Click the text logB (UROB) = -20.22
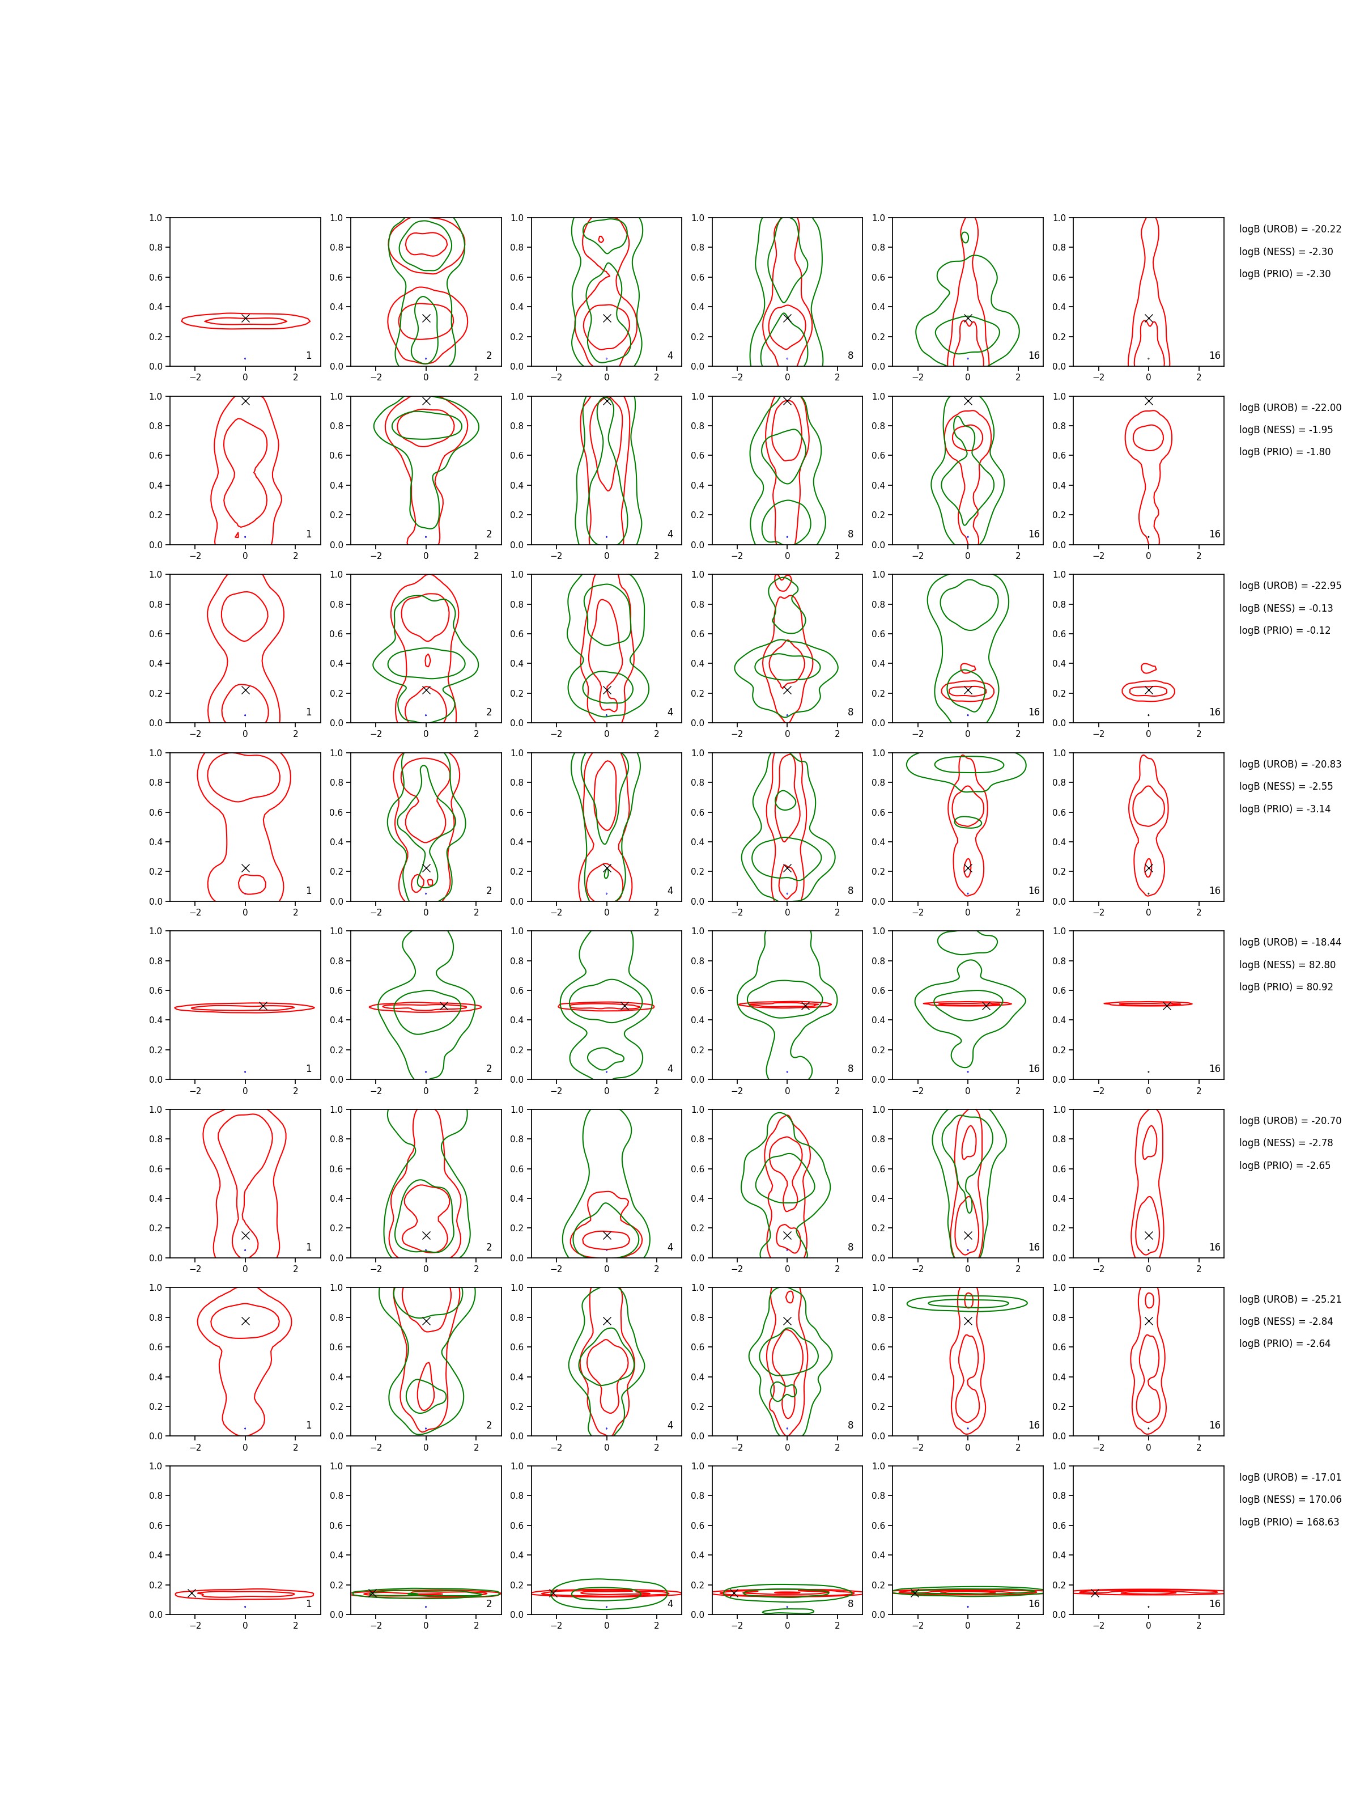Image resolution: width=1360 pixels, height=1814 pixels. [1290, 230]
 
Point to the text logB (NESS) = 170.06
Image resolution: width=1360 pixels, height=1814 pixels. [1290, 1500]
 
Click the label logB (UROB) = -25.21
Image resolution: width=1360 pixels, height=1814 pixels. [1290, 1300]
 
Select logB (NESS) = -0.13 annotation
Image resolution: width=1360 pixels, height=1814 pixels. [1285, 608]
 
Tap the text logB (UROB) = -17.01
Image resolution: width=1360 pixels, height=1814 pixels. [1290, 1478]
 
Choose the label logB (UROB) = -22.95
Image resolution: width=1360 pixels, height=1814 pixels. [1290, 586]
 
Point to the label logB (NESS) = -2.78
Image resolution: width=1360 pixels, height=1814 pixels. [1285, 1143]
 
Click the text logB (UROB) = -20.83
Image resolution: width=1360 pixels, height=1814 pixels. [1290, 764]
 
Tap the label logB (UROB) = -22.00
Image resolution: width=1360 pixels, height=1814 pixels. [1290, 408]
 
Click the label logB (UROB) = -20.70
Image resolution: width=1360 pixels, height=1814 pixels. [1290, 1121]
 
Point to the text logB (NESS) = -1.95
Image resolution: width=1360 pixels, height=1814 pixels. [1285, 430]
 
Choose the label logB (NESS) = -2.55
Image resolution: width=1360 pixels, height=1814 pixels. [1285, 786]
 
